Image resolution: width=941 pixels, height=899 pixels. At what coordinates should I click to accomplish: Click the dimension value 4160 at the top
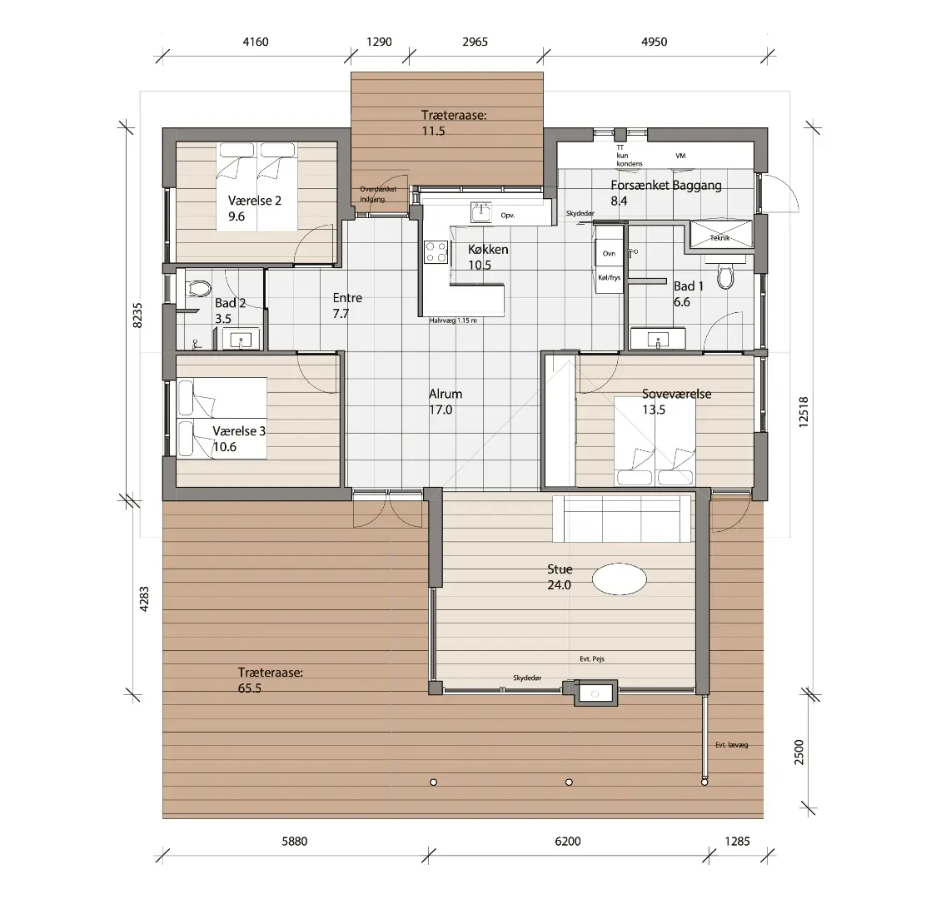tap(255, 42)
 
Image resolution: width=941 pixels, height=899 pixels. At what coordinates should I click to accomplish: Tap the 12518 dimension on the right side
tap(804, 412)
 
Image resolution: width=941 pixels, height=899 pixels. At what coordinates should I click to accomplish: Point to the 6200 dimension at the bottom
tap(568, 842)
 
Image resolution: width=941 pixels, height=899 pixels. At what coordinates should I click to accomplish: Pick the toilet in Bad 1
tap(726, 276)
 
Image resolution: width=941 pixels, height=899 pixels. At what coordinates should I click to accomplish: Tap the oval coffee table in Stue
tap(620, 579)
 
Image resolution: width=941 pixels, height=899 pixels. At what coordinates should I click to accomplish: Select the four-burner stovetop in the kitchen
tap(436, 252)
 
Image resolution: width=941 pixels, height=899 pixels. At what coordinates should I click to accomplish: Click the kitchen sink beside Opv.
tap(480, 212)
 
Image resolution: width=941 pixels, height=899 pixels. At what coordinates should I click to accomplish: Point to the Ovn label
tap(609, 254)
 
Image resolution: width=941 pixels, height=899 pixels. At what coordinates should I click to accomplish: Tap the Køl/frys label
tap(609, 278)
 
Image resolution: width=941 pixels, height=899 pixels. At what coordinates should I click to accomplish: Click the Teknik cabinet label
tap(720, 238)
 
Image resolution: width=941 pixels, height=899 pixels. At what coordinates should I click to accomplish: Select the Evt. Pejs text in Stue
tap(592, 658)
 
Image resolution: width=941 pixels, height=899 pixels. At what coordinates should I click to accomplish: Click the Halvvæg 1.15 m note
tap(453, 320)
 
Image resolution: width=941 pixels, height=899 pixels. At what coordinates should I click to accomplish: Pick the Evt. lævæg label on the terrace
tap(731, 745)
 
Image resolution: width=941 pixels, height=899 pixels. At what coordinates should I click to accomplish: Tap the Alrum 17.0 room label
tap(446, 402)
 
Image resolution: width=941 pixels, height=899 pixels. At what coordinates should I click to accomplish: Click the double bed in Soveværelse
tap(655, 441)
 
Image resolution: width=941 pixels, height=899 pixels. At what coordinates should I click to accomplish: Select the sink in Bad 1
tap(658, 339)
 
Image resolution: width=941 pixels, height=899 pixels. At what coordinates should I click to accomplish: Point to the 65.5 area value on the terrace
tap(250, 688)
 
